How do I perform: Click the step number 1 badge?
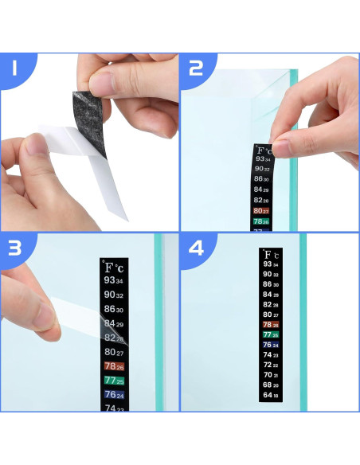[14, 70]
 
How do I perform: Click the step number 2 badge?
[196, 70]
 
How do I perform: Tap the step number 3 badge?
[14, 248]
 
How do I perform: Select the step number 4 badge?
[196, 248]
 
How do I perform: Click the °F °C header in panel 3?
[114, 268]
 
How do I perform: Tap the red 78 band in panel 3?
[114, 366]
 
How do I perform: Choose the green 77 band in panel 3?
[114, 381]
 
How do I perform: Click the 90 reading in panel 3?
[114, 295]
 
